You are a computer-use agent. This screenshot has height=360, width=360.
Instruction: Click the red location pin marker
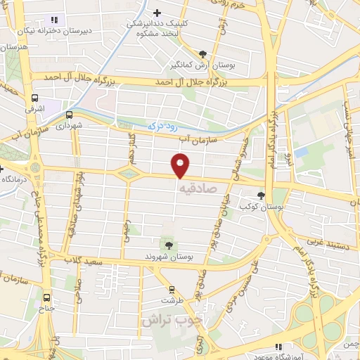pyautogui.click(x=181, y=166)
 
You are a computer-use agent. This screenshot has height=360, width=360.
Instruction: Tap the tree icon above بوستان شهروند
pyautogui.click(x=169, y=245)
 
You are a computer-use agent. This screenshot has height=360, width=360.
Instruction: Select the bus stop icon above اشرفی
pyautogui.click(x=34, y=99)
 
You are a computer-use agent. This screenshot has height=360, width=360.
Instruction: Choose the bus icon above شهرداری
pyautogui.click(x=69, y=115)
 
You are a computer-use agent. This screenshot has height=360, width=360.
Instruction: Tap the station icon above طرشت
pyautogui.click(x=171, y=289)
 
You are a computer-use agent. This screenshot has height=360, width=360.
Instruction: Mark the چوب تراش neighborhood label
pyautogui.click(x=172, y=319)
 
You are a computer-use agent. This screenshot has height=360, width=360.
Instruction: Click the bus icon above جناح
pyautogui.click(x=47, y=297)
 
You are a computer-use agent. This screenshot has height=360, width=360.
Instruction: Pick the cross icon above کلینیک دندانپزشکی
pyautogui.click(x=157, y=12)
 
